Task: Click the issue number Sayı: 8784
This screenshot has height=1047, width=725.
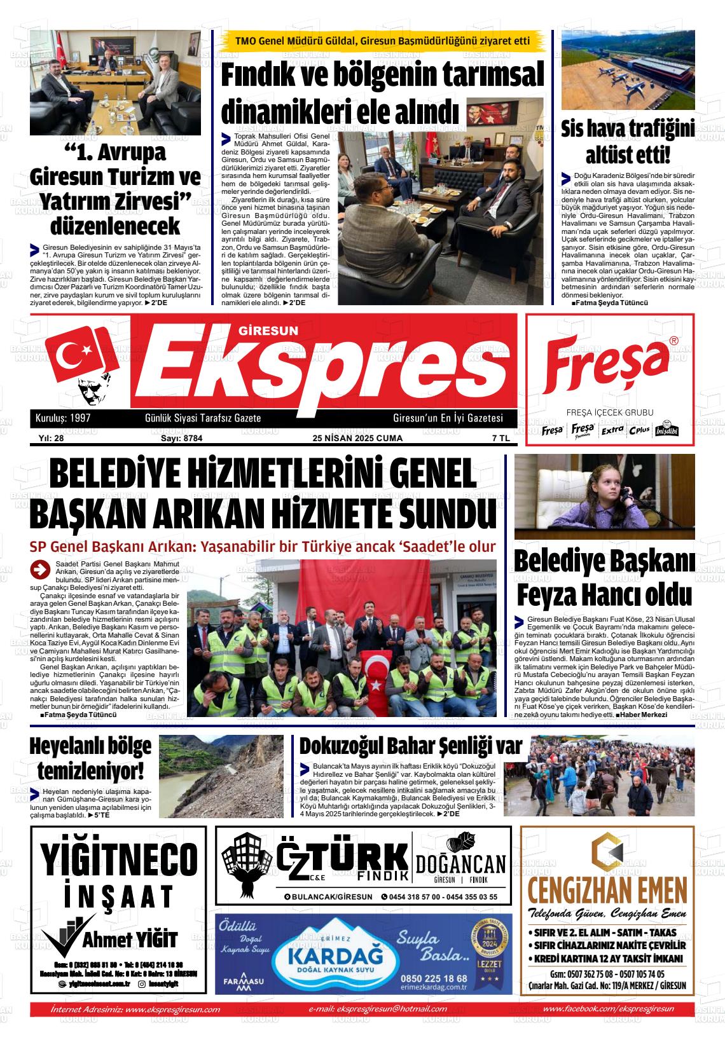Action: [x=177, y=438]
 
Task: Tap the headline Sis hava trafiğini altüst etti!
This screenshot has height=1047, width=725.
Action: [x=627, y=141]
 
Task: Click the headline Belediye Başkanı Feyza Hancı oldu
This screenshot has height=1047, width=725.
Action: [x=604, y=578]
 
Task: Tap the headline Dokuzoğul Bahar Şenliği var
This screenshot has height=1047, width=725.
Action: [x=410, y=745]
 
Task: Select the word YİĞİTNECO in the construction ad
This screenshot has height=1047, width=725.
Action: [x=119, y=859]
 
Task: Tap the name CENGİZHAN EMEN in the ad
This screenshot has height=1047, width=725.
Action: [x=607, y=888]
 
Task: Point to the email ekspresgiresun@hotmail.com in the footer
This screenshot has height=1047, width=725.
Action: [x=377, y=1009]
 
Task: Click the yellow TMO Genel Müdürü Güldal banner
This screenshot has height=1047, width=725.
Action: [x=382, y=41]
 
